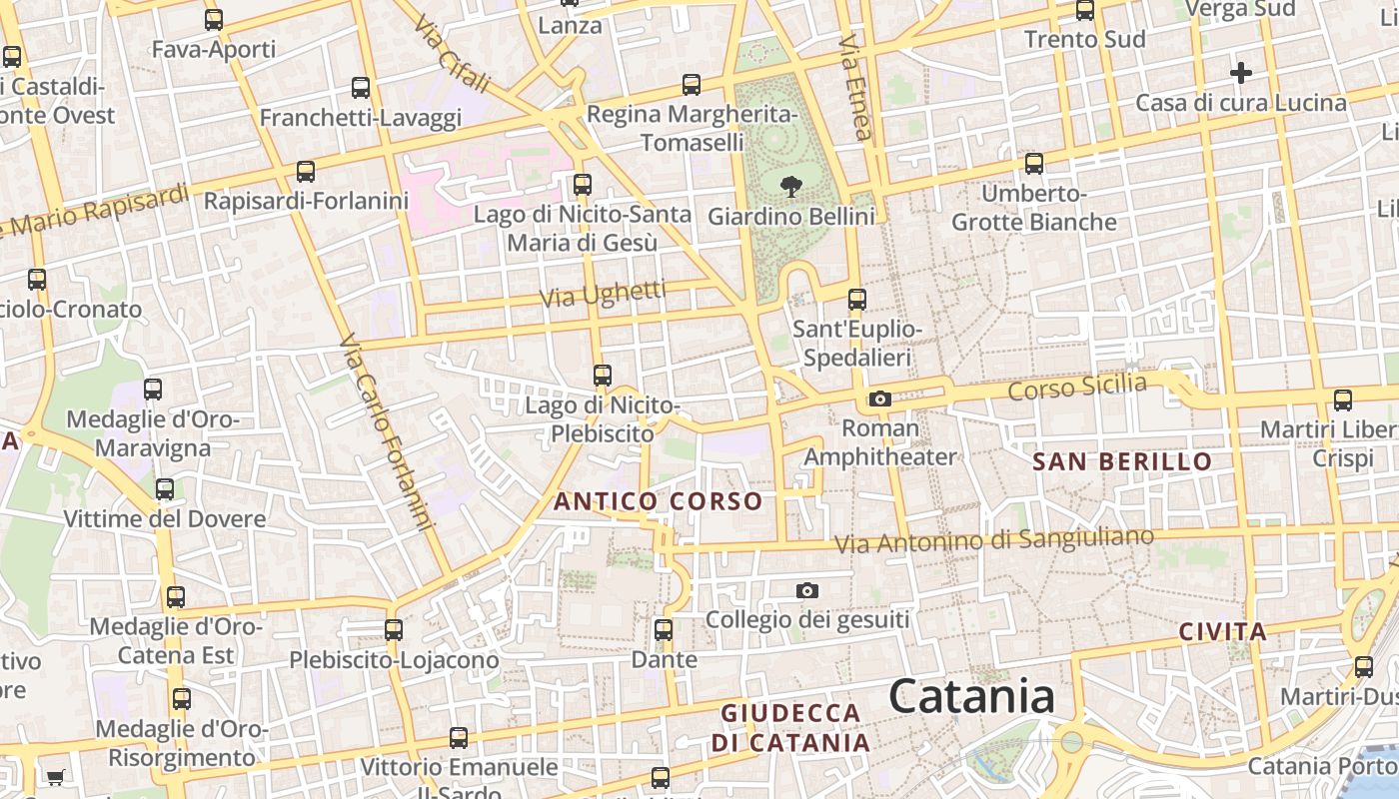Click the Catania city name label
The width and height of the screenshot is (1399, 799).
tap(971, 696)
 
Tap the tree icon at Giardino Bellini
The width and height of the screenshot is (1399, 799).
tap(790, 185)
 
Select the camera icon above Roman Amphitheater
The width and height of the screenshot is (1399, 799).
tap(879, 399)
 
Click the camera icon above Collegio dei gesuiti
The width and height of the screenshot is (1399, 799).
tap(807, 591)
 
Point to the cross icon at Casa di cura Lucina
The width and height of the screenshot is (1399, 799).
tap(1240, 73)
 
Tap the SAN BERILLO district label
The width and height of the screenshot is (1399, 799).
tap(1122, 461)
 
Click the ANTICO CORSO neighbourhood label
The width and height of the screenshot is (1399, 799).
tap(659, 501)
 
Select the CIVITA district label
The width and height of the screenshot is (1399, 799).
tap(1223, 631)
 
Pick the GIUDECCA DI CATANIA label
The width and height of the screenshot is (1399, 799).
tap(790, 728)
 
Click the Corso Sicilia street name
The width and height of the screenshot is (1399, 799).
tap(1077, 386)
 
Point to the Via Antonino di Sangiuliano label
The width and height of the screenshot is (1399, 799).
tap(993, 540)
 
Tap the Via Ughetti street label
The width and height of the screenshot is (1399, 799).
tap(603, 295)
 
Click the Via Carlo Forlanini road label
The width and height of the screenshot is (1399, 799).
tap(388, 431)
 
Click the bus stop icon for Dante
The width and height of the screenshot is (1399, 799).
tap(664, 630)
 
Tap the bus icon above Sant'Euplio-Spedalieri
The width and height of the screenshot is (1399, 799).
tap(856, 299)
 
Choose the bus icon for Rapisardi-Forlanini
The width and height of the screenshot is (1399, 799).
tap(306, 172)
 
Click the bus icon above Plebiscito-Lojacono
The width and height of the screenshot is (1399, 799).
tap(394, 630)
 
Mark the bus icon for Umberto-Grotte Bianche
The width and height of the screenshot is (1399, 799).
tap(1034, 163)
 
